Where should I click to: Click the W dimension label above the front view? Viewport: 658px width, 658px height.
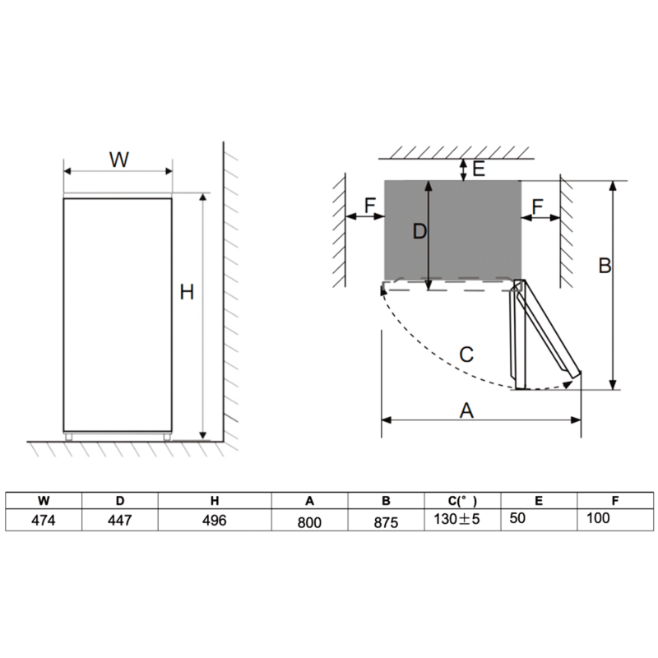pyautogui.click(x=119, y=160)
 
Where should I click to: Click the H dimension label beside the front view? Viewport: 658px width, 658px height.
pyautogui.click(x=188, y=292)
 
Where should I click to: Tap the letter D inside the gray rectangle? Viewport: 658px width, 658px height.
pyautogui.click(x=419, y=233)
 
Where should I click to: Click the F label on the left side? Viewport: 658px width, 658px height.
pyautogui.click(x=369, y=206)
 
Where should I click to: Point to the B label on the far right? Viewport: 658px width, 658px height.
pyautogui.click(x=604, y=266)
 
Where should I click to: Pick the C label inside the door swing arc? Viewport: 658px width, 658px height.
pyautogui.click(x=466, y=355)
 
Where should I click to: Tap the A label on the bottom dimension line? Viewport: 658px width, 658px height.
pyautogui.click(x=466, y=410)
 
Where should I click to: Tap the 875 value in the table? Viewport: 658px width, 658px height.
pyautogui.click(x=385, y=521)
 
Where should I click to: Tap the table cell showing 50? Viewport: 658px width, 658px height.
pyautogui.click(x=517, y=519)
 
